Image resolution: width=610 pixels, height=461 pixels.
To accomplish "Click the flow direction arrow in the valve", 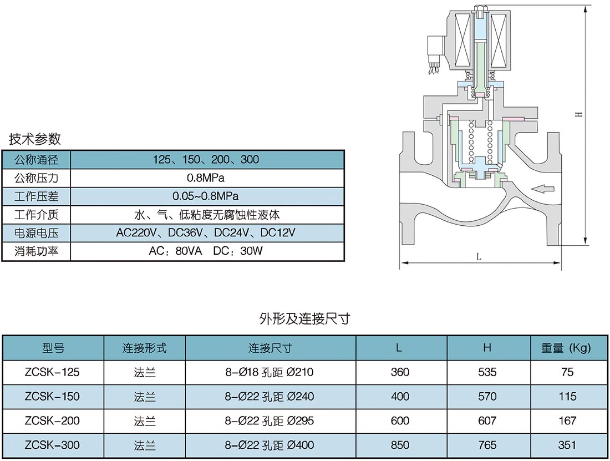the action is (542, 189).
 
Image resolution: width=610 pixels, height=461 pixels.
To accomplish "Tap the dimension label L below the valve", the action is (479, 257).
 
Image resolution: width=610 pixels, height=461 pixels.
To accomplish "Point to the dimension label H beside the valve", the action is (579, 114).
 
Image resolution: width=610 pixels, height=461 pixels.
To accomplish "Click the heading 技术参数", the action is (35, 139).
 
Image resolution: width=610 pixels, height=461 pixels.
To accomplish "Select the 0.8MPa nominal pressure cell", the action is (206, 178).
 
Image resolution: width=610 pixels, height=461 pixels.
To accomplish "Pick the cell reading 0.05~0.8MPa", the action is (205, 196).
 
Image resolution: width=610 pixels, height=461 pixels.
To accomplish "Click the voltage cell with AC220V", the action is (206, 232).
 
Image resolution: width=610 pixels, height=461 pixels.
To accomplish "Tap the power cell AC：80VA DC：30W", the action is (206, 251).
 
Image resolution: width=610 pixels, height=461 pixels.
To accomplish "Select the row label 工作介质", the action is (36, 214).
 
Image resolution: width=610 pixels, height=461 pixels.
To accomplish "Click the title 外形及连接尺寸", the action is (304, 318).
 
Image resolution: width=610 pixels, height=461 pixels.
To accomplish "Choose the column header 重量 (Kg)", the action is (566, 348).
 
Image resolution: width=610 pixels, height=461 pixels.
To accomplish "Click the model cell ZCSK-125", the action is (52, 372).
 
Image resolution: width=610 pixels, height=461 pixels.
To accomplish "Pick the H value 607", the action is (487, 421).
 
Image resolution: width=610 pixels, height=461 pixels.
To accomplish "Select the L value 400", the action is (400, 397).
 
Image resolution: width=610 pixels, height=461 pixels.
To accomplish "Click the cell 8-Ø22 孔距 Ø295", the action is (269, 421).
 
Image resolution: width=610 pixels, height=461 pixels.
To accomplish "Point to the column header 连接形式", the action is (144, 348).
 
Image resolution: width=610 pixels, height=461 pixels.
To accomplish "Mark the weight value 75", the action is (567, 372).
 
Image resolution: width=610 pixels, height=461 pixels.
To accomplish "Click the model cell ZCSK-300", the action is (52, 445).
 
